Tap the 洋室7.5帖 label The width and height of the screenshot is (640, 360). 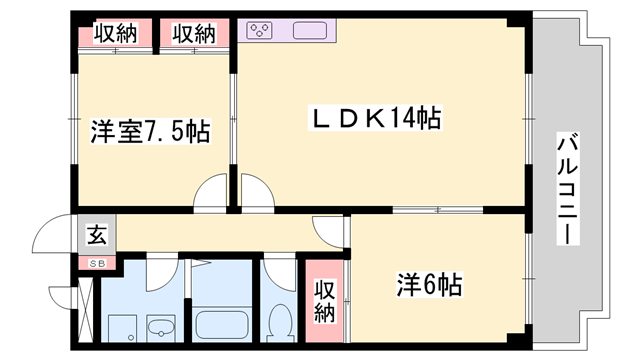coord(150,131)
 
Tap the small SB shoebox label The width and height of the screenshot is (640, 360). coord(97,262)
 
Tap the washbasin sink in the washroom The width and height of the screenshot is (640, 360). coord(160,327)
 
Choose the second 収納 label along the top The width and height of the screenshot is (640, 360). coord(192,33)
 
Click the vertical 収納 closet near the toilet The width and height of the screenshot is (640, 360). coord(325,300)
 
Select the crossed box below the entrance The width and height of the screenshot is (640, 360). coord(86,310)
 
